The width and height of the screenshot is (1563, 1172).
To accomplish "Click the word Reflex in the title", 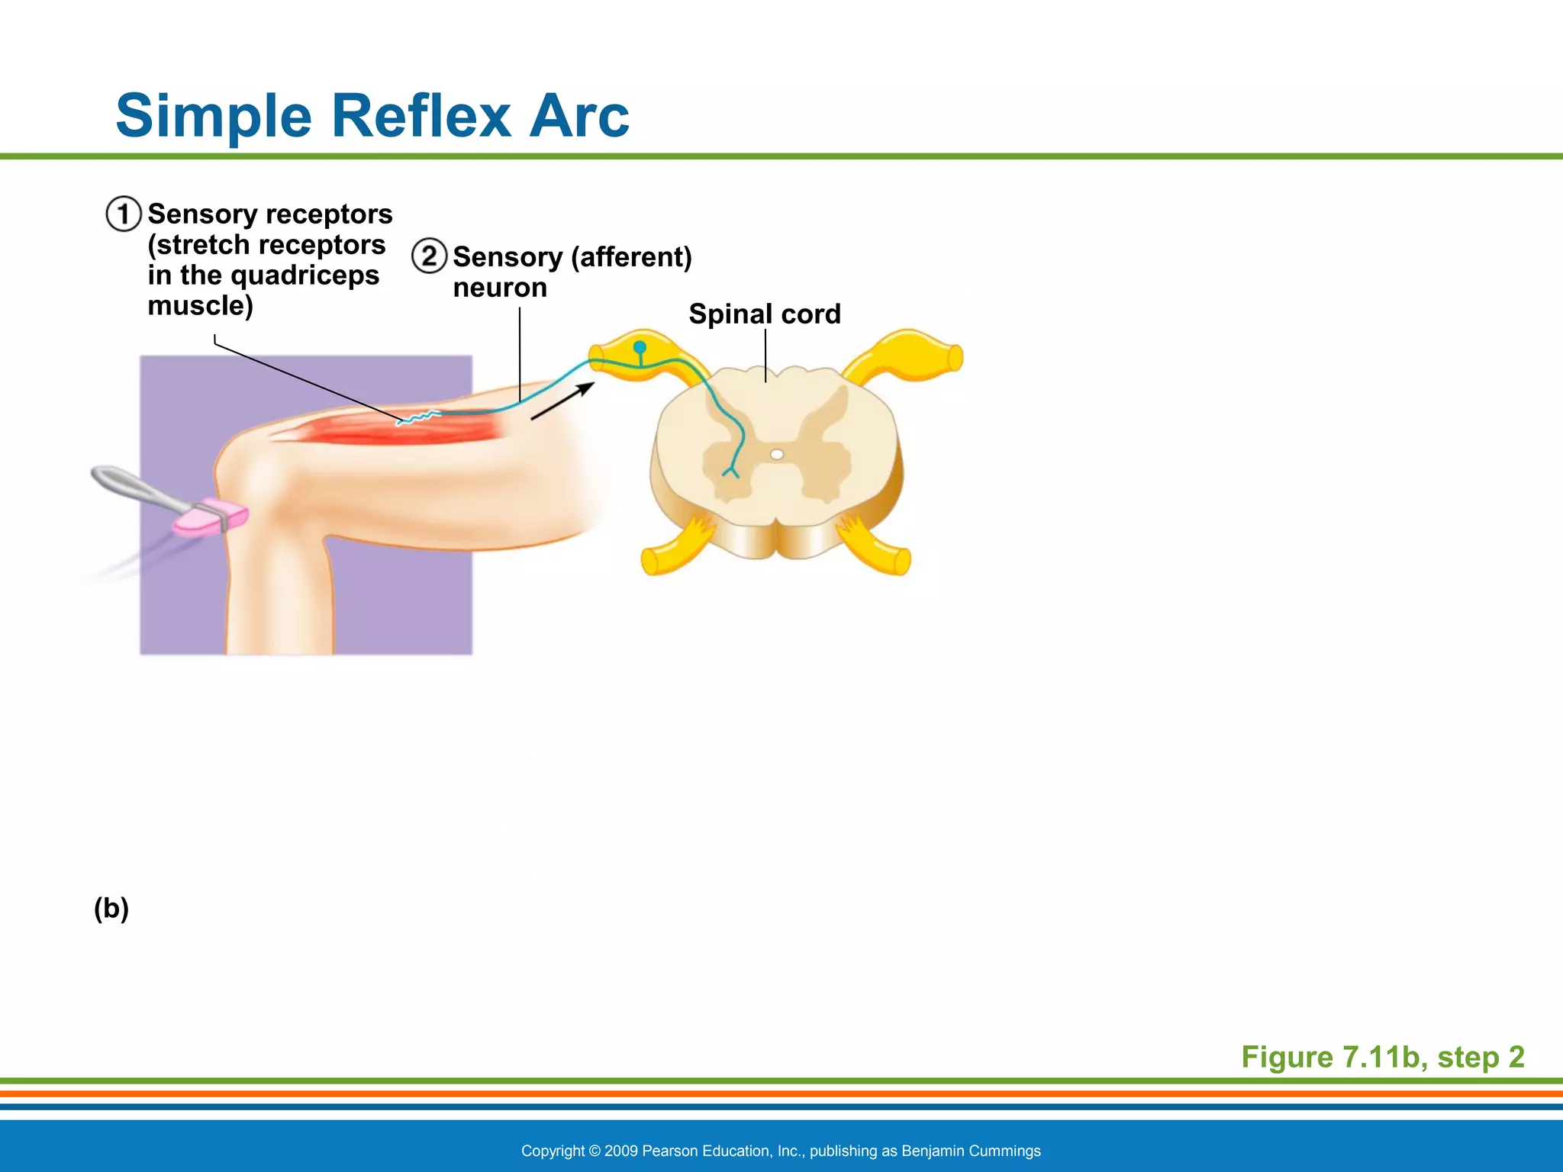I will [421, 116].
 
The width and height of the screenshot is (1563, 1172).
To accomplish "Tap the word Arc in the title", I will [579, 116].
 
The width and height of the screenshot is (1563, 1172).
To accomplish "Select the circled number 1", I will [124, 214].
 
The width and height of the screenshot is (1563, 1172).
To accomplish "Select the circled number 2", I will [429, 256].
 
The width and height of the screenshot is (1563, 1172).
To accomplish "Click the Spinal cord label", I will [764, 314].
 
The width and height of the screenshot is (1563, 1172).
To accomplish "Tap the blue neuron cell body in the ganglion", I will [640, 348].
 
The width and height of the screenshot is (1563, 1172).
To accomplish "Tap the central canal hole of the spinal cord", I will [777, 455].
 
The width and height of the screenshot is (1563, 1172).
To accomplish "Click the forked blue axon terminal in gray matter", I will [730, 472].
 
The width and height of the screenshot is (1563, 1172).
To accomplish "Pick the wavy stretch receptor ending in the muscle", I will [418, 417].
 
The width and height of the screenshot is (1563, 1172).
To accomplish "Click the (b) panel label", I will [111, 908].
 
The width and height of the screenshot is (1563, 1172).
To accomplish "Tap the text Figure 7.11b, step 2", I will [1382, 1057].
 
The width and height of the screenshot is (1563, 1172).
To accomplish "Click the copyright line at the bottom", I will [781, 1151].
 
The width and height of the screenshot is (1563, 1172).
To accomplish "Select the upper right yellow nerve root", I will [908, 356].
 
